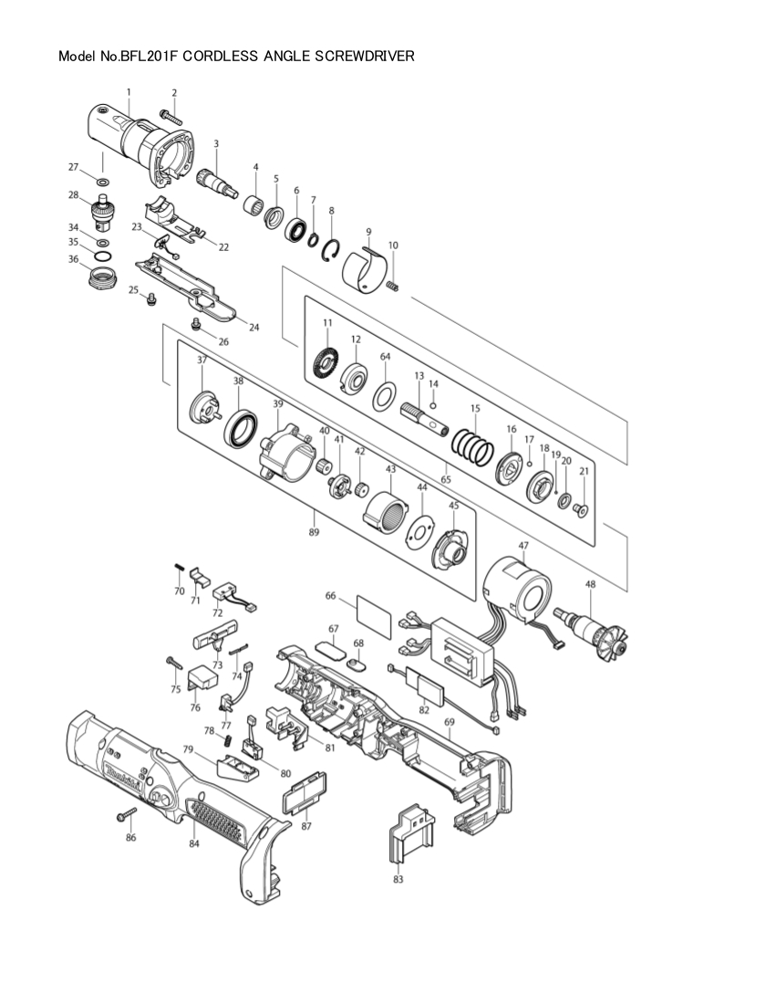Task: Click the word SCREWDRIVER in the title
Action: coord(364,57)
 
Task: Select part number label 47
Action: coord(523,546)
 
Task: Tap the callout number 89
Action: coord(314,531)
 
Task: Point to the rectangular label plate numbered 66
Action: coord(373,617)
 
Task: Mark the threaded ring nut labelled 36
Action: coord(102,277)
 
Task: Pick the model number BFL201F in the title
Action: coord(147,57)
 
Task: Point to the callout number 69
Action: coord(449,722)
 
